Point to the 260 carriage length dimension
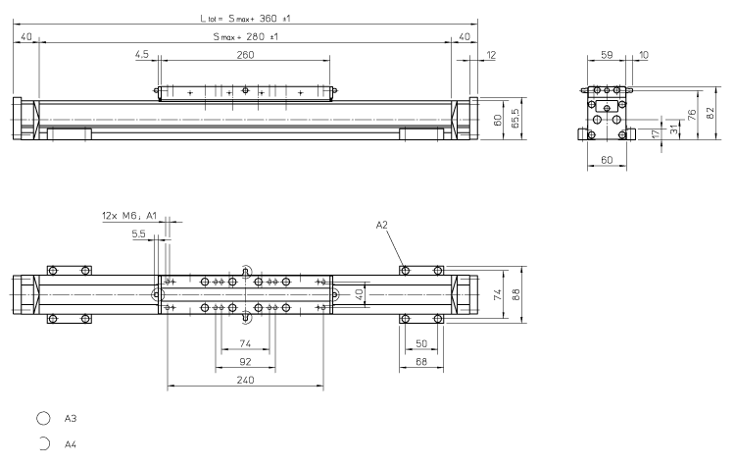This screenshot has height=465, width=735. (245, 56)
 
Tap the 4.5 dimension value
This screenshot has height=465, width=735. (142, 56)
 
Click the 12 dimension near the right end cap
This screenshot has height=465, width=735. (490, 56)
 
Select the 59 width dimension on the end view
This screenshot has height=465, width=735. (606, 56)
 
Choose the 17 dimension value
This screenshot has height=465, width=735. (655, 133)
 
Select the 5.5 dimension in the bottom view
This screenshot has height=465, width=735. (137, 234)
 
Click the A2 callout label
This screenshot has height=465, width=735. (382, 225)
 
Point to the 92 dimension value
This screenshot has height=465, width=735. (245, 361)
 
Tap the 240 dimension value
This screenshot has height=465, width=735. (245, 381)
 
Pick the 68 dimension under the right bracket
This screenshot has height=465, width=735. (422, 361)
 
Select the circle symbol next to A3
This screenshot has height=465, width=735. (43, 419)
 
